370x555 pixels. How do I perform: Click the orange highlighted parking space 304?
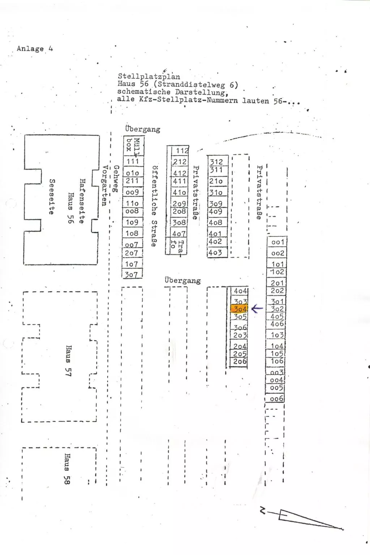click(x=239, y=309)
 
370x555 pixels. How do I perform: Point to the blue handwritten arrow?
click(x=257, y=309)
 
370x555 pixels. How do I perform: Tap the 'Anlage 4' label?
click(x=35, y=49)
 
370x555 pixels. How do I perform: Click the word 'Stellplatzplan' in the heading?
click(x=149, y=76)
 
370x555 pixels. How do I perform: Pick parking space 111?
click(x=133, y=162)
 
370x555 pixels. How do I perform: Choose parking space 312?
click(x=216, y=162)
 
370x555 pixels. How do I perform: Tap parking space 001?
click(x=277, y=242)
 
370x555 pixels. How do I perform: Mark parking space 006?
click(x=276, y=399)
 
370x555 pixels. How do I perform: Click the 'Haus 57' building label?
click(x=68, y=361)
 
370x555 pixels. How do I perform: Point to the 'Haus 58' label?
click(x=67, y=469)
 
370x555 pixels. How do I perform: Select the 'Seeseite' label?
click(x=52, y=197)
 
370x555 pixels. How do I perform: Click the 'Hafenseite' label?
click(x=82, y=201)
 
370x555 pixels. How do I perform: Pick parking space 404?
click(x=240, y=291)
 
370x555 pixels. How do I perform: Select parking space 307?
click(x=131, y=275)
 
